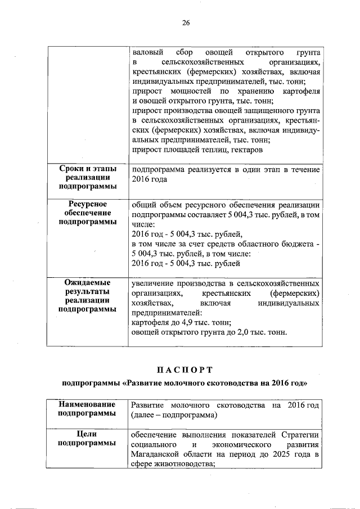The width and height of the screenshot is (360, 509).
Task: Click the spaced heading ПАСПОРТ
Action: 185,370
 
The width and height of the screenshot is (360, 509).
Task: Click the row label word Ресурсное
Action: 87,204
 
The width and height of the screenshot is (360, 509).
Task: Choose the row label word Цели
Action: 87,434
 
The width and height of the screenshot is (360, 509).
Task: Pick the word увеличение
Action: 153,283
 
